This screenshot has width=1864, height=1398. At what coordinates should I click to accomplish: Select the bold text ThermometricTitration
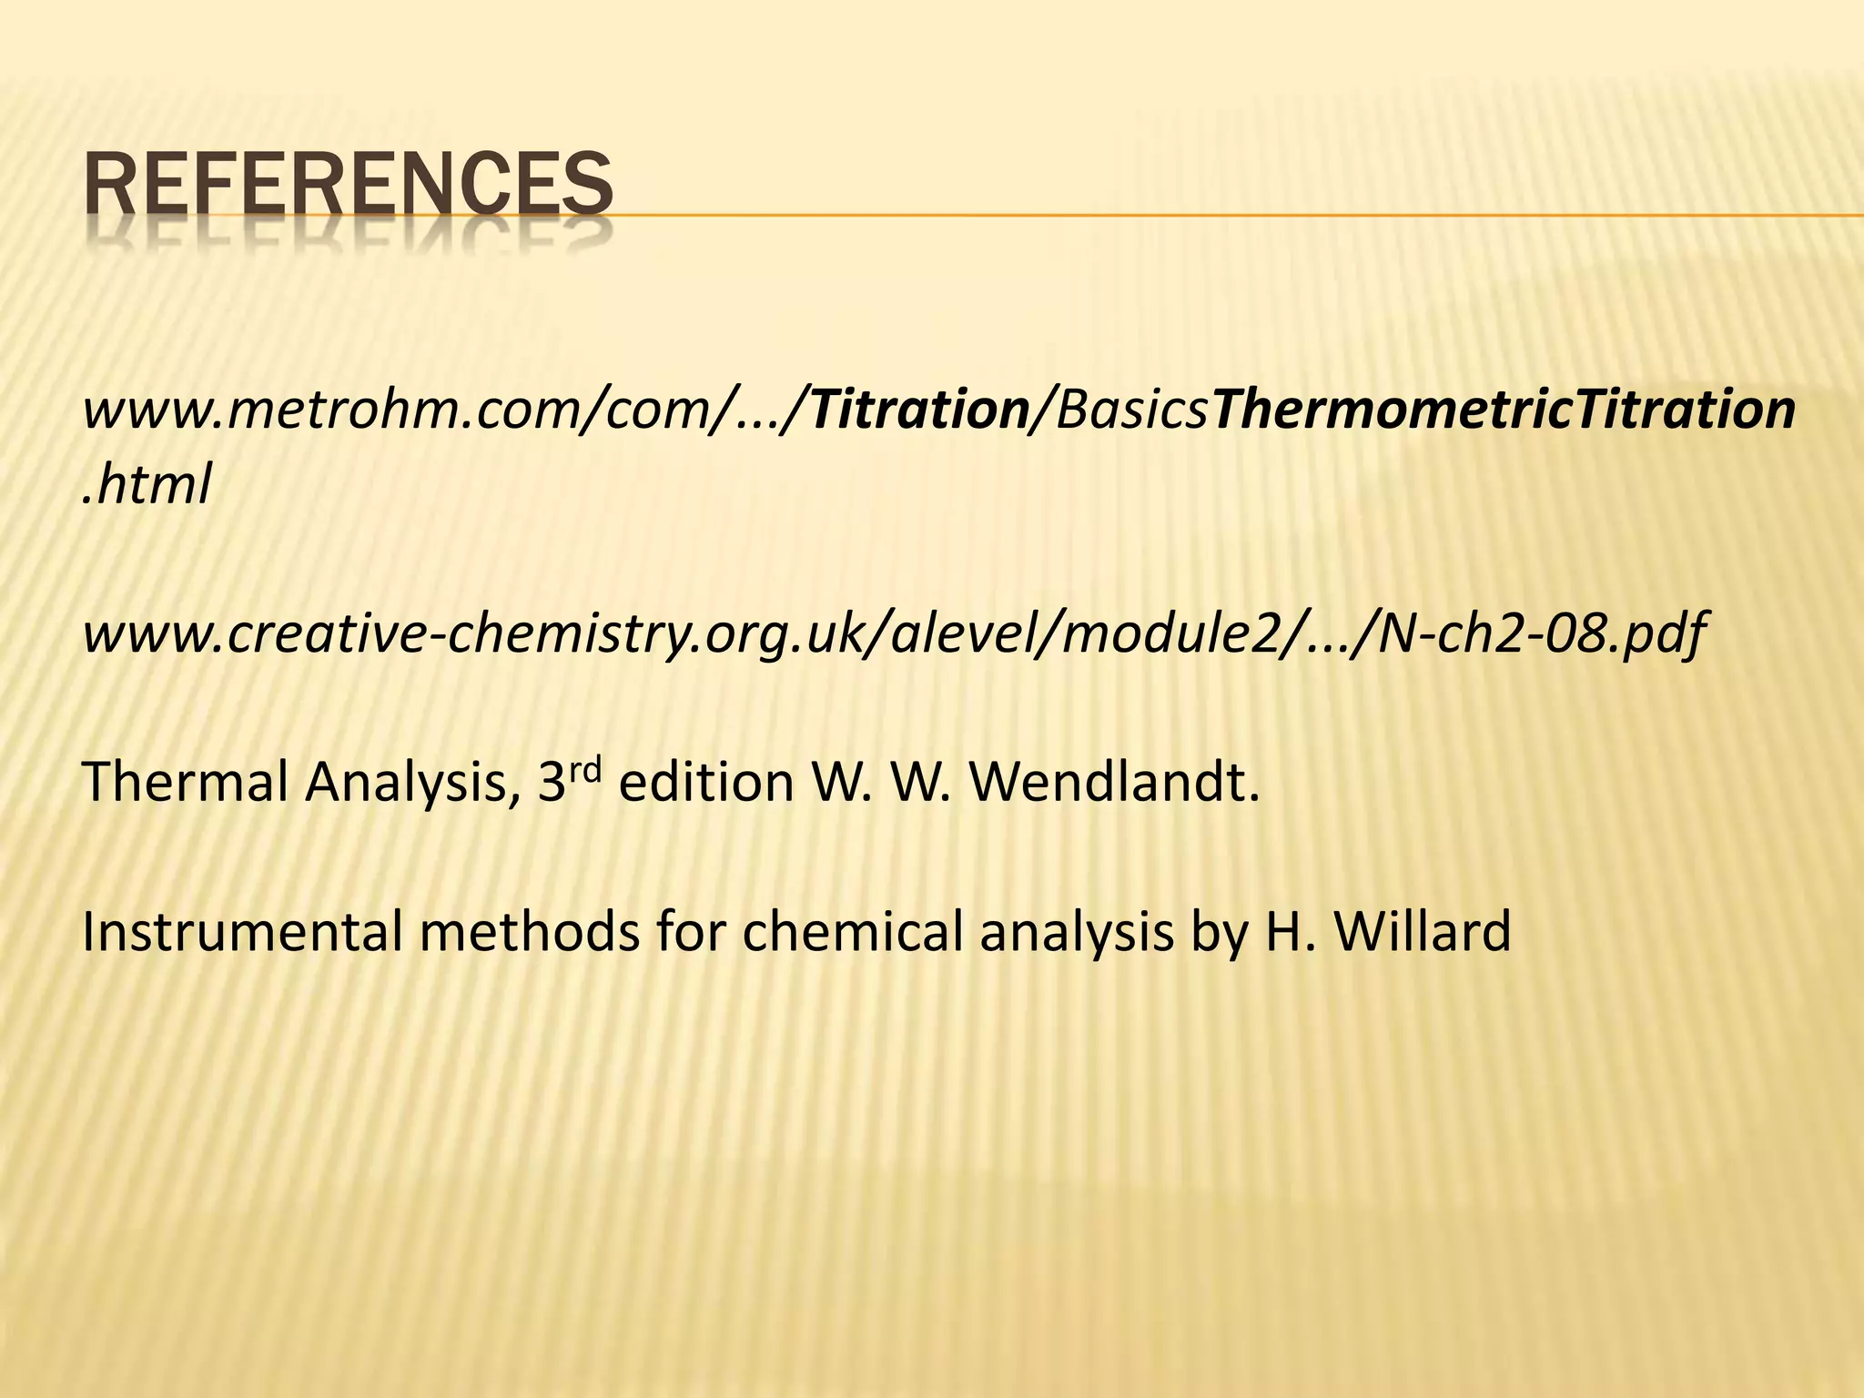[x=1504, y=410]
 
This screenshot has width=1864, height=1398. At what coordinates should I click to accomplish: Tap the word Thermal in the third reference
[x=185, y=782]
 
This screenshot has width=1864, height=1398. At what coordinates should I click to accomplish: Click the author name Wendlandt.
[x=1115, y=782]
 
